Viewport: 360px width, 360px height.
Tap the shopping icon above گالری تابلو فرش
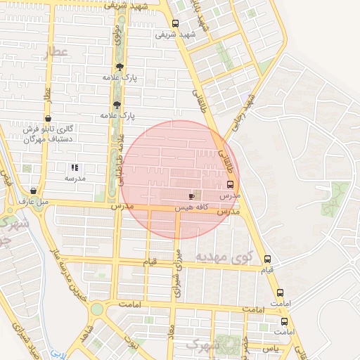47,118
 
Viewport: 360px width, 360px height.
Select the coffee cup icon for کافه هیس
192,196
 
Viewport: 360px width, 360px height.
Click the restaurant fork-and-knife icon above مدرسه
75,168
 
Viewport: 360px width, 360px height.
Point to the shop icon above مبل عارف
34,191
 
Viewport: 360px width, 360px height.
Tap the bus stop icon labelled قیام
266,259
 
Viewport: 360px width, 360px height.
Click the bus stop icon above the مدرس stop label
231,184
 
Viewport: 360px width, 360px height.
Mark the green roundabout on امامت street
96,309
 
